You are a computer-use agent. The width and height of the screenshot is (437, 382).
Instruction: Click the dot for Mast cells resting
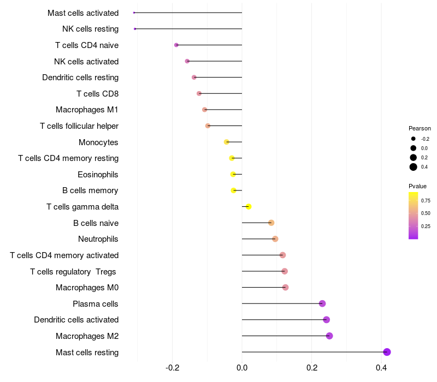[387, 352]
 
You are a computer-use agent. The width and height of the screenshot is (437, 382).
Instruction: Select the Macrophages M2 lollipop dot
[329, 336]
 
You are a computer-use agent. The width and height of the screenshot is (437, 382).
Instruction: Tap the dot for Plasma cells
[322, 303]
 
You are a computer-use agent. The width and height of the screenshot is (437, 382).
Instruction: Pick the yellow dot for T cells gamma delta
[249, 207]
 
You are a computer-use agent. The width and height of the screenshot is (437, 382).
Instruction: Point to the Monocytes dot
[227, 142]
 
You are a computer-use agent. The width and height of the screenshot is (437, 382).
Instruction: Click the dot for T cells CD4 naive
[176, 45]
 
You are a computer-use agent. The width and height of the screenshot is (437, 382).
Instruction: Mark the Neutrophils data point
[275, 239]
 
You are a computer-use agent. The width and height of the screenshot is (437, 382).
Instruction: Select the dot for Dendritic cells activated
[327, 320]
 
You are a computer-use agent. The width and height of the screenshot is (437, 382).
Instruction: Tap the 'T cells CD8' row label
[97, 93]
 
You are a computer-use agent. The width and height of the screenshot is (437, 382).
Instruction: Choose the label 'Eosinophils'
[98, 175]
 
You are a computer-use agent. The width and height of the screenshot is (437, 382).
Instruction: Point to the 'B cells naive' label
[96, 223]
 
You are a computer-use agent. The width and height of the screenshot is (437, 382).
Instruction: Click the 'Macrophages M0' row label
[87, 288]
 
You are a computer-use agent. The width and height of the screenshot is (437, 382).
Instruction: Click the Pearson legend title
[420, 128]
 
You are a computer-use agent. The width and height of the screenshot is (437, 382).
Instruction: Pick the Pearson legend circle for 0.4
[414, 167]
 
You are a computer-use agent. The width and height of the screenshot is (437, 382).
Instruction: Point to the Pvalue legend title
[417, 186]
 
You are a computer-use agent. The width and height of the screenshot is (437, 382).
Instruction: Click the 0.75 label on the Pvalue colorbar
[426, 200]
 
